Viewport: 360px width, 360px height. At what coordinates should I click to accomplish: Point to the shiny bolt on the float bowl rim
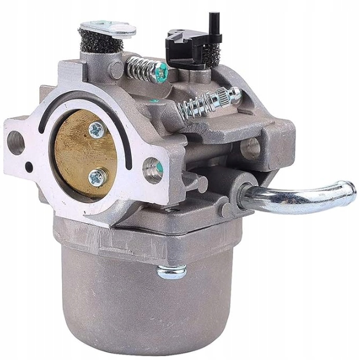click(x=172, y=271)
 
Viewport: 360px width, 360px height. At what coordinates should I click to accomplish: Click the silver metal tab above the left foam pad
click(x=107, y=27)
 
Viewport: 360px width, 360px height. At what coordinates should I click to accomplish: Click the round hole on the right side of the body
click(x=250, y=147)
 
